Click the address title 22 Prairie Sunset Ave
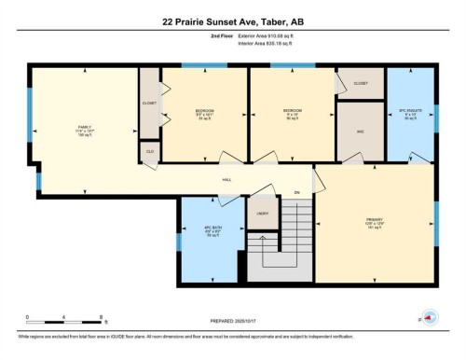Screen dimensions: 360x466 [x=232, y=20]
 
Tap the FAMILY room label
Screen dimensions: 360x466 [x=84, y=129]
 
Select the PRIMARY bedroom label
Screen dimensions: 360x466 [x=375, y=221]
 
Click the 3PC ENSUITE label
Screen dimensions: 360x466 [x=410, y=111]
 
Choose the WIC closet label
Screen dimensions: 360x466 [x=360, y=131]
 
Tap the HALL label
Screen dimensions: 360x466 [x=226, y=180]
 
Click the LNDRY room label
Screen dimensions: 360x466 [x=263, y=213]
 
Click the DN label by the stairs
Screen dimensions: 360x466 [x=296, y=192]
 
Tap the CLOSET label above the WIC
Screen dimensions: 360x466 [x=360, y=83]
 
